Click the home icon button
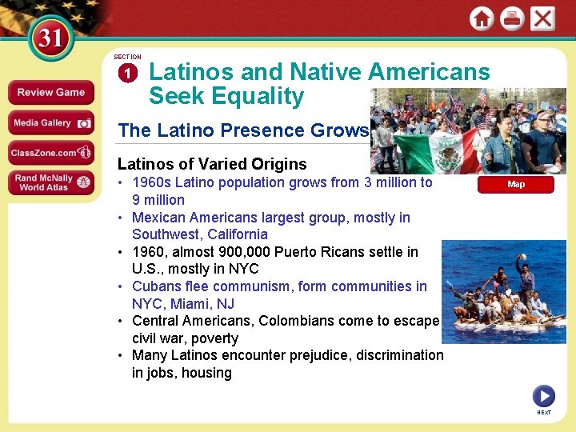tap(481, 19)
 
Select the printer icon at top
tap(512, 19)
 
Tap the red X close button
tap(542, 19)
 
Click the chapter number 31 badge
tap(50, 38)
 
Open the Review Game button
tap(50, 93)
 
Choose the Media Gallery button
tap(50, 122)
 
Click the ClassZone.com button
tap(50, 152)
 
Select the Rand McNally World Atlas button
tap(50, 182)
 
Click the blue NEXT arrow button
tap(543, 396)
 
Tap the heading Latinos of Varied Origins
tap(212, 164)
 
